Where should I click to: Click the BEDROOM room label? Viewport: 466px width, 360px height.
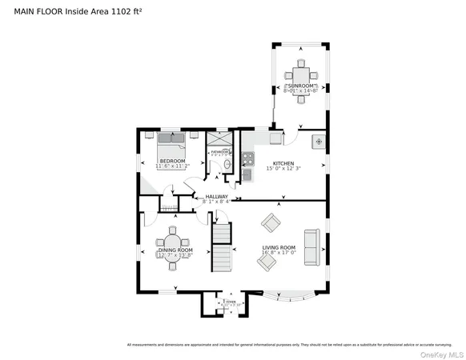tap(172, 162)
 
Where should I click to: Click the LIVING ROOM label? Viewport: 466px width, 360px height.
tap(278, 247)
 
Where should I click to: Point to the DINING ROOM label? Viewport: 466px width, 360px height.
tap(174, 250)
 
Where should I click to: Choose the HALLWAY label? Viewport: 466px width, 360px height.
tap(217, 196)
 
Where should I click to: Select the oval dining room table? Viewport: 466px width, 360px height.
tap(174, 241)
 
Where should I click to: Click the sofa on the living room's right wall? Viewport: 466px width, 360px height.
tap(311, 248)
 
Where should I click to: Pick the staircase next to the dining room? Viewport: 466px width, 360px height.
tap(221, 246)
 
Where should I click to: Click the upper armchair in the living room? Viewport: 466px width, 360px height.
tap(271, 222)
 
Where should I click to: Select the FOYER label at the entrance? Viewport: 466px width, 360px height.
tap(231, 302)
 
